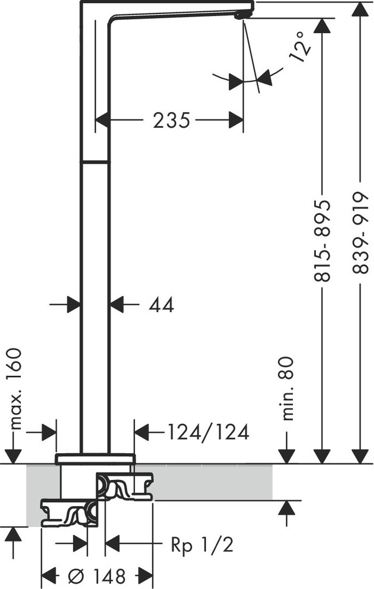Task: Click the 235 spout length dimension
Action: pyautogui.click(x=171, y=121)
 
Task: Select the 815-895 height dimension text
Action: pyautogui.click(x=322, y=241)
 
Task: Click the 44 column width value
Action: pyautogui.click(x=162, y=305)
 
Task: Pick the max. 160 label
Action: pyautogui.click(x=16, y=389)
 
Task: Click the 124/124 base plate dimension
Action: pyautogui.click(x=208, y=432)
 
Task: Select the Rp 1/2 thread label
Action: pyautogui.click(x=202, y=544)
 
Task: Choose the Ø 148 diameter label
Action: pyautogui.click(x=97, y=575)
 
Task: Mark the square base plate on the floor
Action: pyautogui.click(x=95, y=459)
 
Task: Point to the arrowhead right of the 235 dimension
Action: pyautogui.click(x=236, y=120)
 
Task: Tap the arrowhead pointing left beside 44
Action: pyautogui.click(x=117, y=304)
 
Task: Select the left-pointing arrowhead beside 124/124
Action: pyautogui.click(x=142, y=432)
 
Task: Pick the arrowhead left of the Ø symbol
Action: pyautogui.click(x=48, y=575)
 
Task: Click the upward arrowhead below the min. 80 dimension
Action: pyautogui.click(x=287, y=508)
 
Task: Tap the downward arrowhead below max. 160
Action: pyautogui.click(x=13, y=456)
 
